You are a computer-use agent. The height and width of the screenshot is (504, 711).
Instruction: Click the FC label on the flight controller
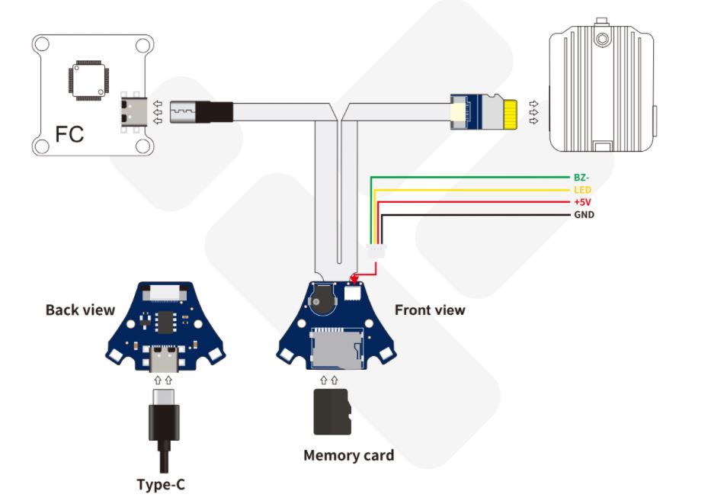coord(70,135)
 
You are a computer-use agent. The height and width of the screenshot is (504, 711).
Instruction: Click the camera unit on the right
coord(602,88)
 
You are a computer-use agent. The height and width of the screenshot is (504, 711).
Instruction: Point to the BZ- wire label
coord(581,177)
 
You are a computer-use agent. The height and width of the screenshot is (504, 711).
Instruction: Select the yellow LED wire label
coord(581,190)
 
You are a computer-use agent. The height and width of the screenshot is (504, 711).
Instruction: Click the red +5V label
coord(582,202)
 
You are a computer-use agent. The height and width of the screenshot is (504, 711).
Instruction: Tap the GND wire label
coord(583,215)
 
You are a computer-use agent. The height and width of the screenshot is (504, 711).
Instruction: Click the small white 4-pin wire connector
coord(376,251)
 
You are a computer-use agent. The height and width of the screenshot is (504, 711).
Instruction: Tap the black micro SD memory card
coord(331,412)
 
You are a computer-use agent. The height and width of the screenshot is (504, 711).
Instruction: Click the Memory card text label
coord(348,456)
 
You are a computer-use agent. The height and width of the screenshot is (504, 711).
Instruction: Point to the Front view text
coord(429,310)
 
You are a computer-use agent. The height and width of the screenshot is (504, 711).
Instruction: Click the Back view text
coord(80,310)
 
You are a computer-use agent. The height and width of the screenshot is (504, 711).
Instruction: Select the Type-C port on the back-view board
coord(163,356)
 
